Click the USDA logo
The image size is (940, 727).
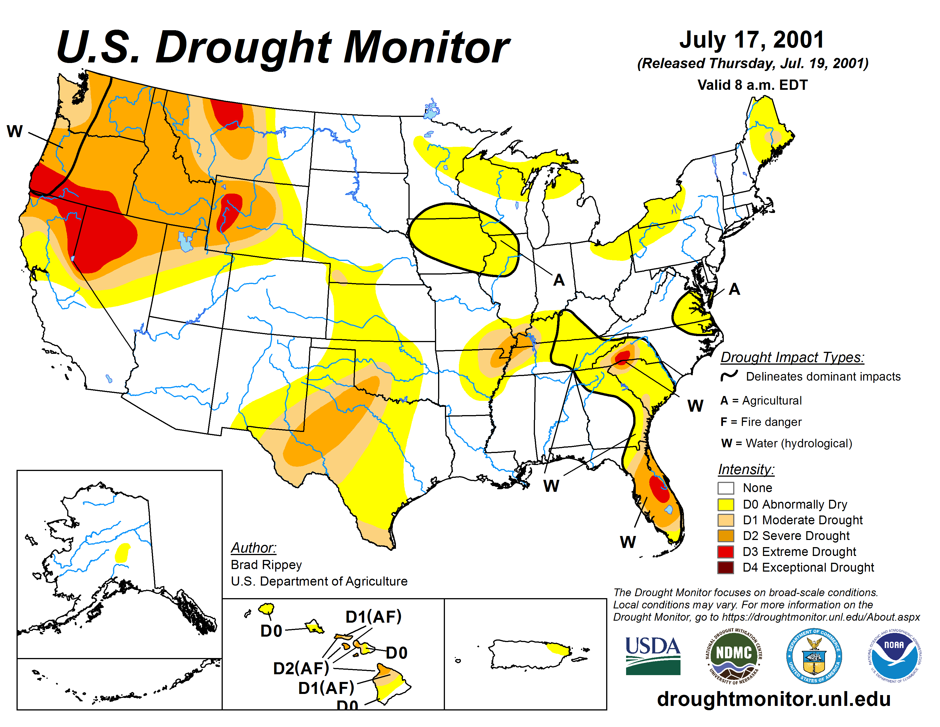(653, 655)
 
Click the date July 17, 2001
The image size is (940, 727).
(751, 40)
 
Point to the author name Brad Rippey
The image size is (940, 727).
(266, 564)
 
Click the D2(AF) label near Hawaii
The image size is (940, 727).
(301, 668)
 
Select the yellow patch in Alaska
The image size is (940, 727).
(123, 552)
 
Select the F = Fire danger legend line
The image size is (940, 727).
(761, 422)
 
